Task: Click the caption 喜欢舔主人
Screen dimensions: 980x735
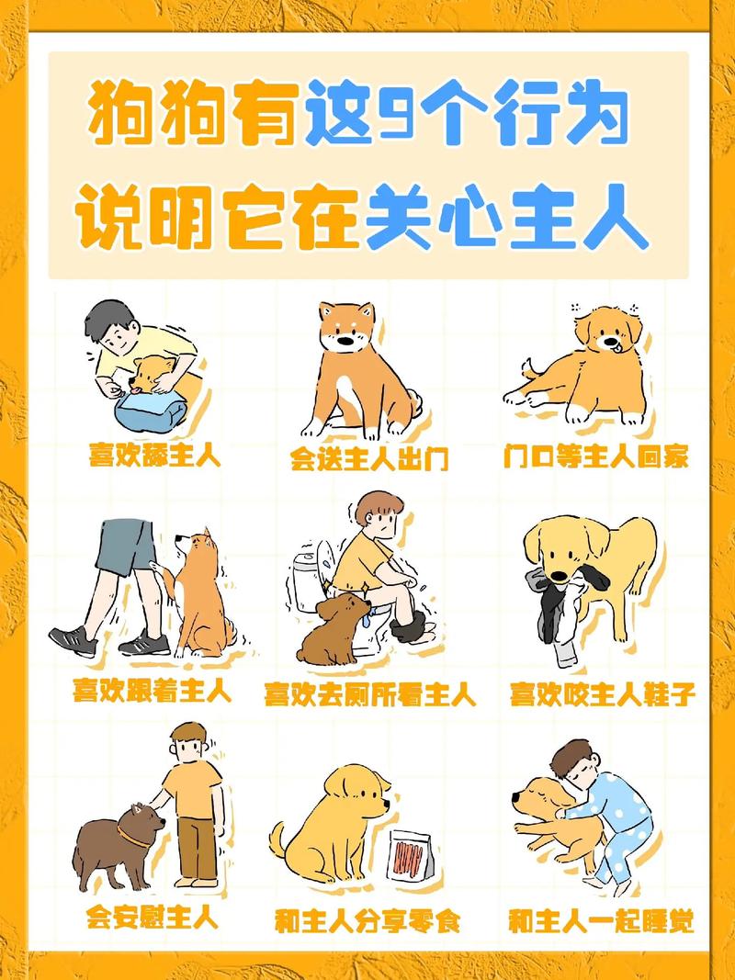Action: (154, 455)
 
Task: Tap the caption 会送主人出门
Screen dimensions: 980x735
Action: (369, 458)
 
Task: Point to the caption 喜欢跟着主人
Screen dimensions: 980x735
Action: (153, 691)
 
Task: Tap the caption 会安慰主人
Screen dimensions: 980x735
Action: (152, 917)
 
